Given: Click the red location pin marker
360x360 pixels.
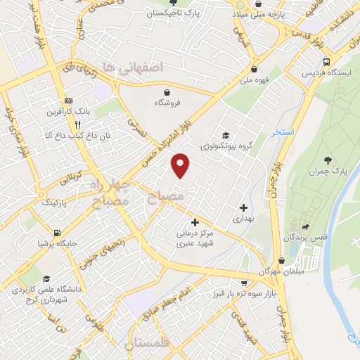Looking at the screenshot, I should [181, 165].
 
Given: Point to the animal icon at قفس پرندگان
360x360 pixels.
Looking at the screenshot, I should [305, 226].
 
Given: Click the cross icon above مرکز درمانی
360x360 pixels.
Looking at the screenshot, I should [195, 222].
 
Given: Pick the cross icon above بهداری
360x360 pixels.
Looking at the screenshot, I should [243, 207].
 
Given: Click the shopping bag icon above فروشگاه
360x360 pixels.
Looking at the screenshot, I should [167, 91].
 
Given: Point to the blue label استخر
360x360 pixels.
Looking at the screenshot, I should [283, 133].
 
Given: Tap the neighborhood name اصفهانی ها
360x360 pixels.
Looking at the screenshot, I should [141, 67].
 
